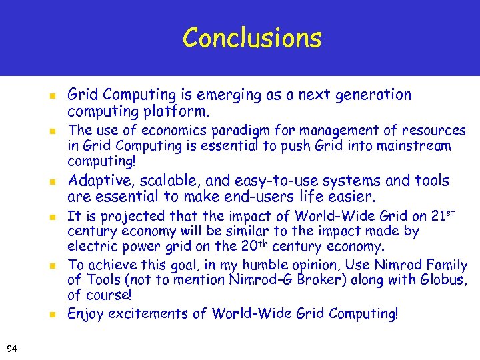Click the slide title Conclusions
252,38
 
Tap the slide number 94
11,347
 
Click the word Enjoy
85,313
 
